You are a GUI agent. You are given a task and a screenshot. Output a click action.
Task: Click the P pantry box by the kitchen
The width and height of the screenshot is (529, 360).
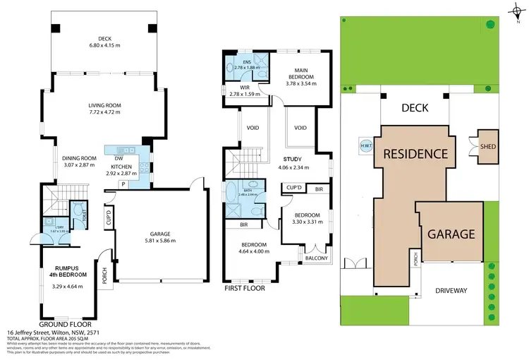point(123,184)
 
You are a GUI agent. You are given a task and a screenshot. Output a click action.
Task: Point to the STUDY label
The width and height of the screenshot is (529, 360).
point(292,160)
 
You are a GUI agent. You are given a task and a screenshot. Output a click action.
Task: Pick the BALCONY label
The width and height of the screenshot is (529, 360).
point(317,258)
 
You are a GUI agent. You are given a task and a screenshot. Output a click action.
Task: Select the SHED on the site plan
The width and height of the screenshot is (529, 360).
point(488,146)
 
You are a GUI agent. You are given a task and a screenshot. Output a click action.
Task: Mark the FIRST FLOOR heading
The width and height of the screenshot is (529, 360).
point(245,289)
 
